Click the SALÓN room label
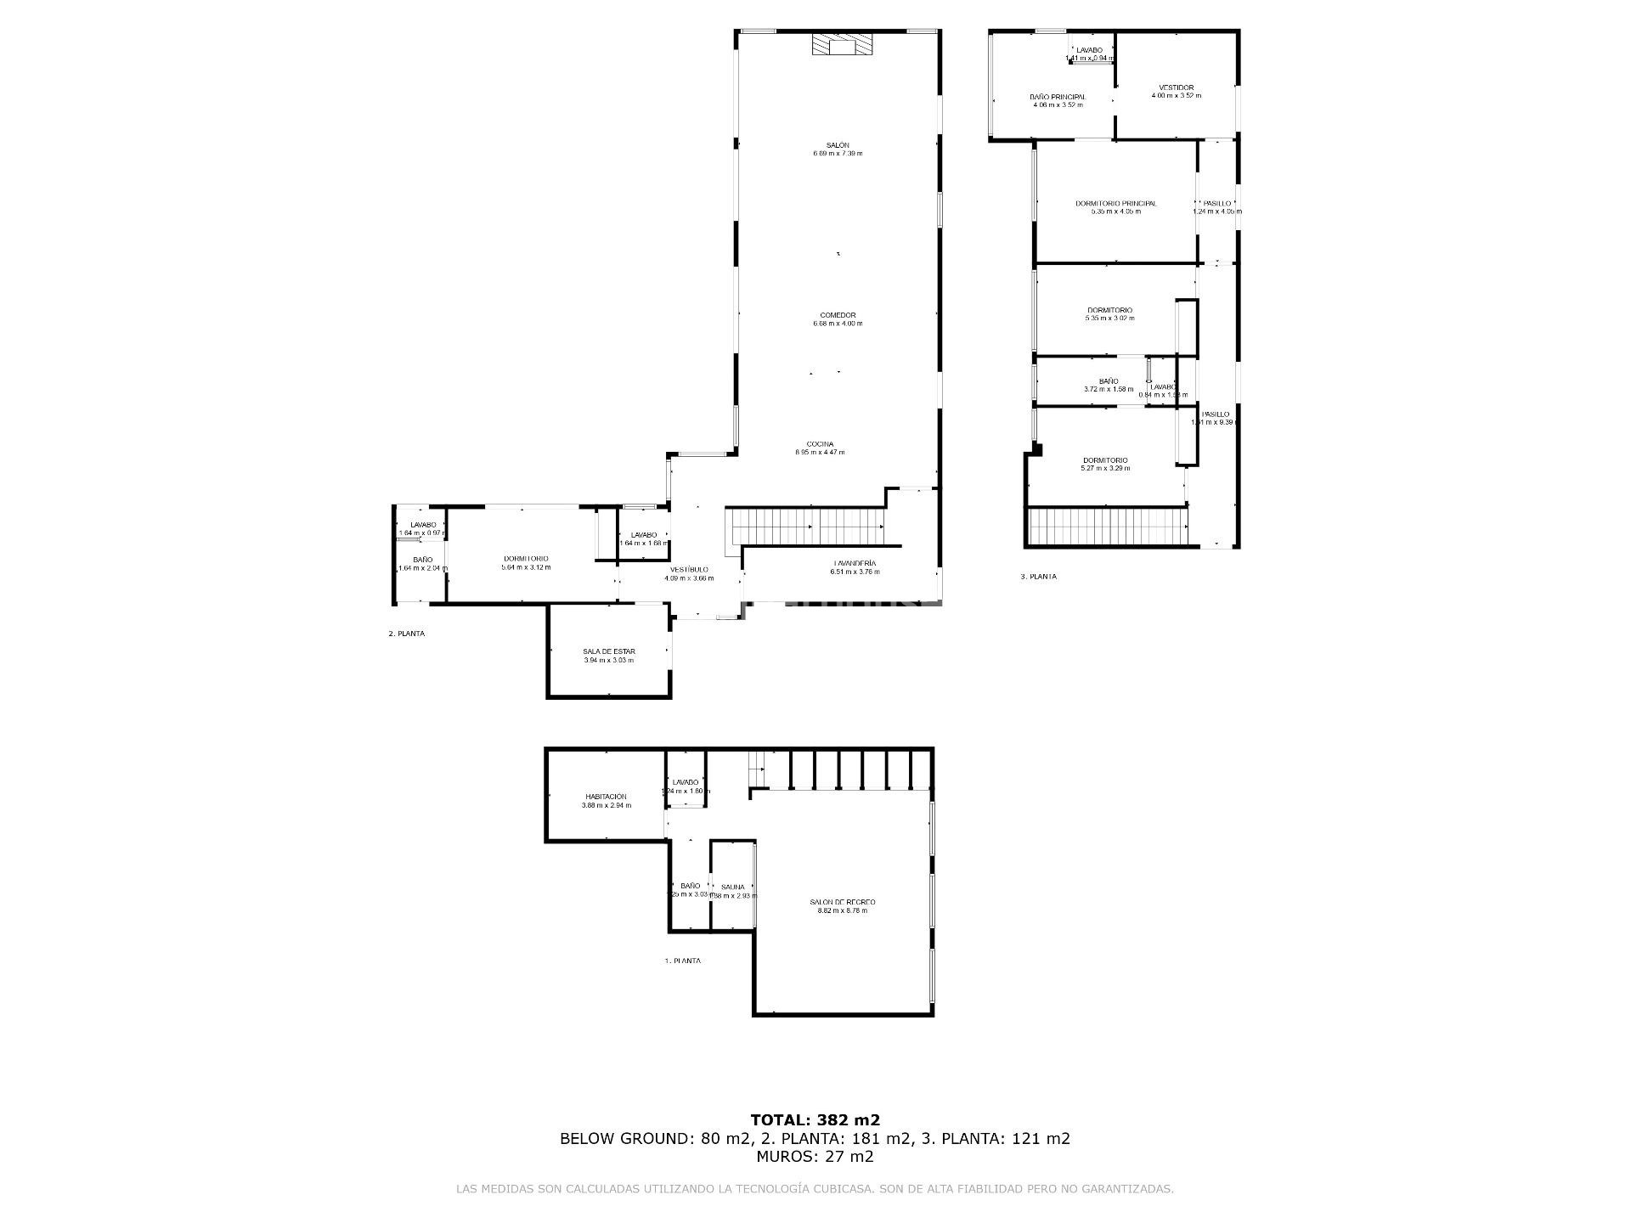click(837, 145)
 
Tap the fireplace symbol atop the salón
click(842, 45)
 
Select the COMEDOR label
click(838, 315)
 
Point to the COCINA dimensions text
click(820, 453)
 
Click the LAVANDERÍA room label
click(855, 563)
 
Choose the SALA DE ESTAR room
click(608, 651)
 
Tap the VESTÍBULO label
click(689, 569)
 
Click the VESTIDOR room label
click(1176, 87)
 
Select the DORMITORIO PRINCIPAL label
click(1115, 203)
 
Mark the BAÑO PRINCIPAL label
click(1057, 97)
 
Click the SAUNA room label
click(732, 887)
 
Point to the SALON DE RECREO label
click(842, 902)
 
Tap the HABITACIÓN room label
click(606, 797)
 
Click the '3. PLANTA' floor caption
click(1038, 577)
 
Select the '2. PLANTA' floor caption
click(406, 634)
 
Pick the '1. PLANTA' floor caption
click(682, 961)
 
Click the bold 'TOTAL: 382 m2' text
click(815, 1119)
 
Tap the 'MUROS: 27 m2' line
click(815, 1156)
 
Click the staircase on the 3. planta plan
click(1107, 527)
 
